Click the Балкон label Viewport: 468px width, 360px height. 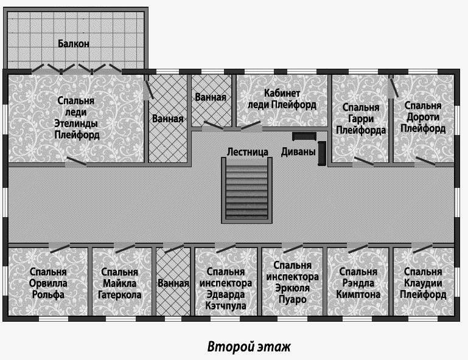pos(74,44)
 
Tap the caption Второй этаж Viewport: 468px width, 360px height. pos(249,347)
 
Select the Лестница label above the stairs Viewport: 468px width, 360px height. pos(248,152)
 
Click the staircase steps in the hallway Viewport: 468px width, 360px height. pos(246,190)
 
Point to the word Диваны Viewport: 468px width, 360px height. pos(298,152)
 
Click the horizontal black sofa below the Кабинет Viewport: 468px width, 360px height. pos(304,136)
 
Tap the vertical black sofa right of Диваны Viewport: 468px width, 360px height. pos(322,153)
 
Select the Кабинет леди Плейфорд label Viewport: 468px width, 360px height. pos(282,99)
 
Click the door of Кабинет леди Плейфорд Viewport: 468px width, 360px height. pos(251,126)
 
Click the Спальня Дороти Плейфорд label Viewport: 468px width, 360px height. pos(423,117)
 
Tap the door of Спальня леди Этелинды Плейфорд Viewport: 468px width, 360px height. pos(76,162)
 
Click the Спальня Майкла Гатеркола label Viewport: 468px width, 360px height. pos(119,283)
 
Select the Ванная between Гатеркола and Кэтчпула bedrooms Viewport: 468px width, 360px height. pos(173,282)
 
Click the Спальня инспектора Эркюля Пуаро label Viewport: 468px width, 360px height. pos(293,282)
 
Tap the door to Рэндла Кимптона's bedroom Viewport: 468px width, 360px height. pos(357,248)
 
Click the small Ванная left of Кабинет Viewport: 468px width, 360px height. pos(211,100)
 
